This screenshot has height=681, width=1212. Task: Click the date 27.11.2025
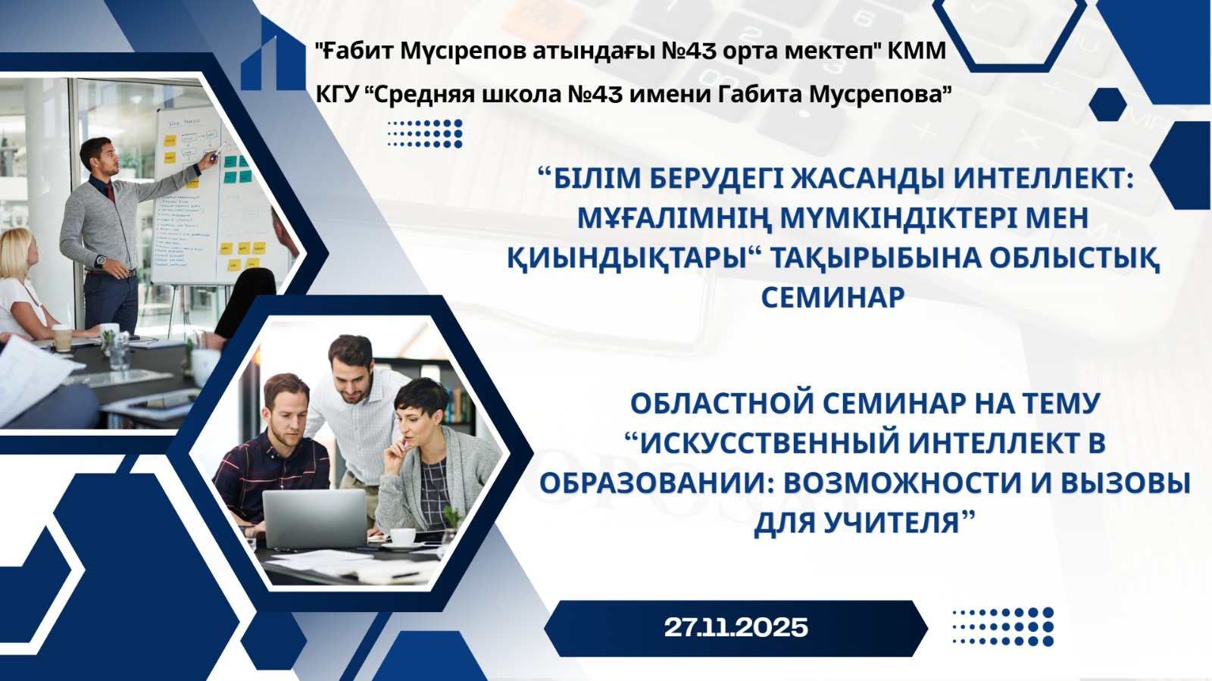pos(736,627)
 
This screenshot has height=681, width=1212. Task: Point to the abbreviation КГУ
pos(338,95)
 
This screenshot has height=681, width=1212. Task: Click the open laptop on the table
pos(315,518)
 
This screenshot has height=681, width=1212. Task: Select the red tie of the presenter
pos(110,192)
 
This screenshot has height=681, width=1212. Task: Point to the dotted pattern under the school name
pos(425,133)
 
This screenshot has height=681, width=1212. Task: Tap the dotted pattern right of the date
pos(1003,626)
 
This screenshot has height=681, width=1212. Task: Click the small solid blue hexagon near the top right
pos(1107,105)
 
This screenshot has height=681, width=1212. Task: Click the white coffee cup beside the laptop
pos(402,537)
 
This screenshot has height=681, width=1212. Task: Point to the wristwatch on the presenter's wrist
pos(102,261)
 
